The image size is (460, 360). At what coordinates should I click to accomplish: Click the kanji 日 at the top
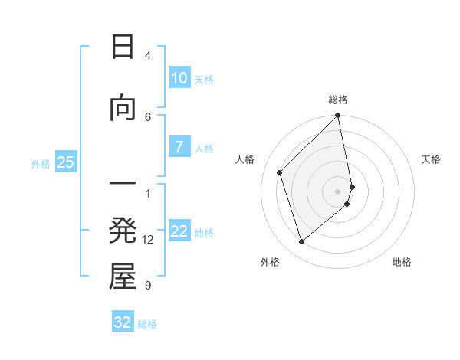(x=123, y=47)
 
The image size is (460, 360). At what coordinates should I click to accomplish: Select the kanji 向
(x=123, y=108)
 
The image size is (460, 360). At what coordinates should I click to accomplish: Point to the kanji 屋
(x=123, y=277)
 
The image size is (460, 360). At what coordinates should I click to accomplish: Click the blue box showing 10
(x=179, y=78)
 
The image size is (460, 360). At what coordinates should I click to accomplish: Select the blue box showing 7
(x=179, y=147)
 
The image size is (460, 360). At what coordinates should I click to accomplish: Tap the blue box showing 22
(x=179, y=232)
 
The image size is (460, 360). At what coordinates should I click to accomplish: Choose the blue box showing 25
(x=65, y=162)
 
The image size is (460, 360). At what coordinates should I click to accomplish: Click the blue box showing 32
(x=123, y=322)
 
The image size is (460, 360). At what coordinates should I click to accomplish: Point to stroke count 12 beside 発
(x=148, y=240)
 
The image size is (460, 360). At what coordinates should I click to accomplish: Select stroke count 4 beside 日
(x=148, y=56)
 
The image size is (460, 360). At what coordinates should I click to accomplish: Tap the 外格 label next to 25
(x=41, y=163)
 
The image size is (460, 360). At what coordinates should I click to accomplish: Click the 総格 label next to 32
(x=147, y=324)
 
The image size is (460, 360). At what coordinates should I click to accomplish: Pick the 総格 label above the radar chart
(x=338, y=100)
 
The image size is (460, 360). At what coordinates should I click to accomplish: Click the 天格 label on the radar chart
(x=431, y=159)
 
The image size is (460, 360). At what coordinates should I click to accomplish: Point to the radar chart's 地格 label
(x=402, y=262)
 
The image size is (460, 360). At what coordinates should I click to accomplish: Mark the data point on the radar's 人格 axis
(x=280, y=172)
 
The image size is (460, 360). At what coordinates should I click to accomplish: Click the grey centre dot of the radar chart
(x=338, y=191)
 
